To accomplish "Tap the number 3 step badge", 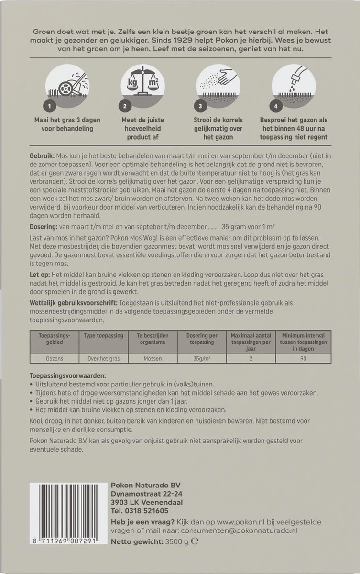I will (x=201, y=106).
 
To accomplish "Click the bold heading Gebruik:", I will (x=42, y=156).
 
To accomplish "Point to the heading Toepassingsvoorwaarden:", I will (x=67, y=376).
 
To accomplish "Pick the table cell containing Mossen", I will (x=153, y=358).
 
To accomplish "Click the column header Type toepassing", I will (x=103, y=336).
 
